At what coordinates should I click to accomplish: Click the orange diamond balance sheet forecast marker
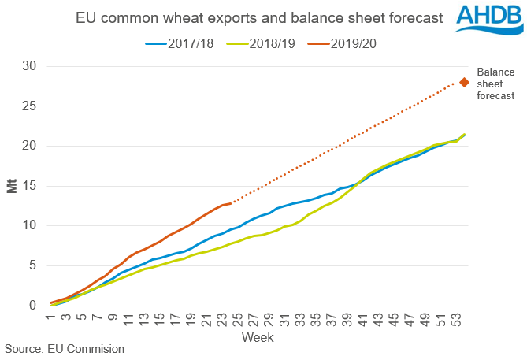tap(465, 82)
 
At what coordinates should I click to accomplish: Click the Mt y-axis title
tap(14, 186)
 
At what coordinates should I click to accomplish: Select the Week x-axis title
tap(258, 336)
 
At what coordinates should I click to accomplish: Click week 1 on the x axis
tap(49, 317)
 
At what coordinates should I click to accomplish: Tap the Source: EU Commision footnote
tap(64, 348)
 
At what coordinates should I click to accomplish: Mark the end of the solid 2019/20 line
tap(230, 203)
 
